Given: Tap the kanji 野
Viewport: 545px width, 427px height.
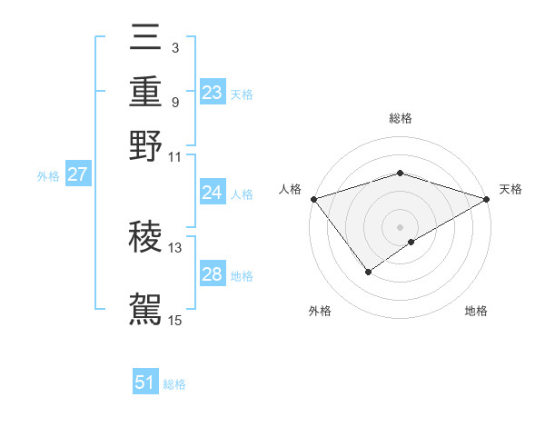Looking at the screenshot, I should click(x=145, y=145).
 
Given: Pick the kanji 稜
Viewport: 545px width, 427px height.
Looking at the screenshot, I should click(x=145, y=236).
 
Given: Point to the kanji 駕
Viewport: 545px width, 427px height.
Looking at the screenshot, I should click(x=145, y=307).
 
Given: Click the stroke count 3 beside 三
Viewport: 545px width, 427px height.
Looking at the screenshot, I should click(x=174, y=46).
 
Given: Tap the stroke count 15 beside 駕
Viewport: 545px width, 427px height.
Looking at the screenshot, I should click(x=175, y=319).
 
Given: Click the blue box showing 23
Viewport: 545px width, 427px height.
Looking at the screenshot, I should click(x=212, y=92).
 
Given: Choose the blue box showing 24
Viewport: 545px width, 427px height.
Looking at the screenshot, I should click(x=212, y=193).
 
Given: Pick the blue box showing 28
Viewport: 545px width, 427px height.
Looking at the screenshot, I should click(x=212, y=274).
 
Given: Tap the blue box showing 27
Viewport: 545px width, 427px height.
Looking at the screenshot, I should click(x=77, y=174).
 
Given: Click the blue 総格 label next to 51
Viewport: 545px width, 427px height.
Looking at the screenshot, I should click(x=174, y=384).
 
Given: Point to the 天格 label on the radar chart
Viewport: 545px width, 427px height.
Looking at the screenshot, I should click(x=510, y=189).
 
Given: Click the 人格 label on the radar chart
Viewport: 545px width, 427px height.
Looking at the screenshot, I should click(x=291, y=189).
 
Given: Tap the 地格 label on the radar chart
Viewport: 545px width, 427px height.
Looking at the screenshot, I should click(x=476, y=312).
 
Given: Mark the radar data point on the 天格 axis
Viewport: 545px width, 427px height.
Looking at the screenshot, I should click(x=487, y=199).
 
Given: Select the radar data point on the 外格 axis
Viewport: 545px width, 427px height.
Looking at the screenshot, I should click(x=369, y=271).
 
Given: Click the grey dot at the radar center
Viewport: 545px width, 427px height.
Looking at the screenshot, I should click(x=400, y=226).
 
